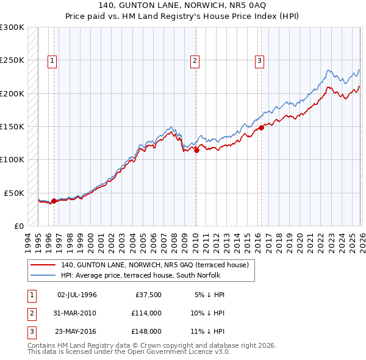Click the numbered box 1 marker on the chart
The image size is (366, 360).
click(52, 60)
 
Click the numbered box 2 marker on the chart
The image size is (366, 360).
click(195, 60)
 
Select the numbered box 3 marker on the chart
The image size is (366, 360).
click(260, 60)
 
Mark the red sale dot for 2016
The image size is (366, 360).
click(261, 128)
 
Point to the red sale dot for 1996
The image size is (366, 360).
click(54, 201)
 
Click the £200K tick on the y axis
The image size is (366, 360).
click(12, 93)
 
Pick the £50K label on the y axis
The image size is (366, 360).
click(14, 193)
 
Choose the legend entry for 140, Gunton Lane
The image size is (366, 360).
click(154, 265)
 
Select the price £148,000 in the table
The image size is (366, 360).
click(146, 331)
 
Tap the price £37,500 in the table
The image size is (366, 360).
click(148, 295)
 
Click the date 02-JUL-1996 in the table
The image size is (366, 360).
click(76, 295)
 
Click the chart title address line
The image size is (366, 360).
click(183, 5)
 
